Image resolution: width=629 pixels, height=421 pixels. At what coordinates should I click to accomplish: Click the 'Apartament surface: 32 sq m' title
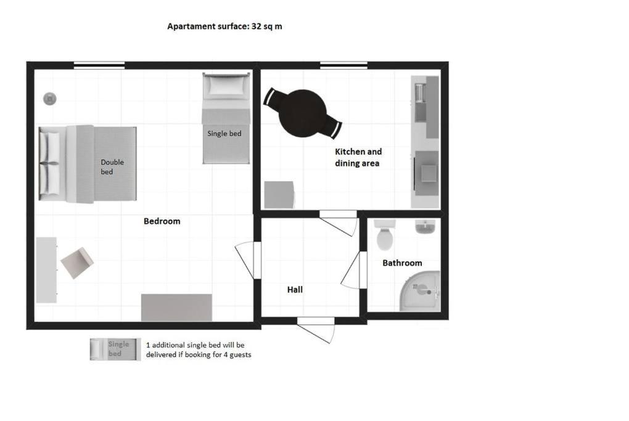(224, 27)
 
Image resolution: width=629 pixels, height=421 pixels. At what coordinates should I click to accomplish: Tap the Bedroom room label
(162, 221)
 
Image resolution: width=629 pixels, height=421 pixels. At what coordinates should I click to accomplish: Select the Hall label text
(295, 290)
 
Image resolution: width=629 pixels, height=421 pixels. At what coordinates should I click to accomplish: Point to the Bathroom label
(402, 263)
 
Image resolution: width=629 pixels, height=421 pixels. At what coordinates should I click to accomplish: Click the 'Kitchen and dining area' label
(358, 157)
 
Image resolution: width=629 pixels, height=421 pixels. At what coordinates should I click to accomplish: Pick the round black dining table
(303, 113)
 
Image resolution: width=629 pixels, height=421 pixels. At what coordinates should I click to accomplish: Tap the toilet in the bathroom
(385, 235)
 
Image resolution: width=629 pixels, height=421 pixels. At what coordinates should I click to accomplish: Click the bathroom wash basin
(425, 227)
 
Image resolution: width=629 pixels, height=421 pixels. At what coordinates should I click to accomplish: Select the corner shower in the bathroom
(420, 291)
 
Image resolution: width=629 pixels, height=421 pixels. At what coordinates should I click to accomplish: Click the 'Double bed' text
(112, 167)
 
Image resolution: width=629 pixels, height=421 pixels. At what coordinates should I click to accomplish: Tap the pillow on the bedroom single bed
(226, 86)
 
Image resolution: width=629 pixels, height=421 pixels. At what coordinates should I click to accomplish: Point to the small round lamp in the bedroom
(50, 99)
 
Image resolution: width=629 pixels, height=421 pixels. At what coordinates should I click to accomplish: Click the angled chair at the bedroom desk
(77, 263)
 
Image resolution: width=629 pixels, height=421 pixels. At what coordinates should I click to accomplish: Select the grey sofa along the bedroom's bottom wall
(176, 308)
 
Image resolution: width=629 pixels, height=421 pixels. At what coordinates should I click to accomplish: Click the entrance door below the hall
(316, 330)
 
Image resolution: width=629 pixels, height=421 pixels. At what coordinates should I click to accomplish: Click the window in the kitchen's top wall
(343, 65)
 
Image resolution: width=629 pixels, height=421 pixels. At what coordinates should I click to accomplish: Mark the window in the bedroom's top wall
(99, 65)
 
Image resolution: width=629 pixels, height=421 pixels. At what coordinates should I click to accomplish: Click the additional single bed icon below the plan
(115, 349)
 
